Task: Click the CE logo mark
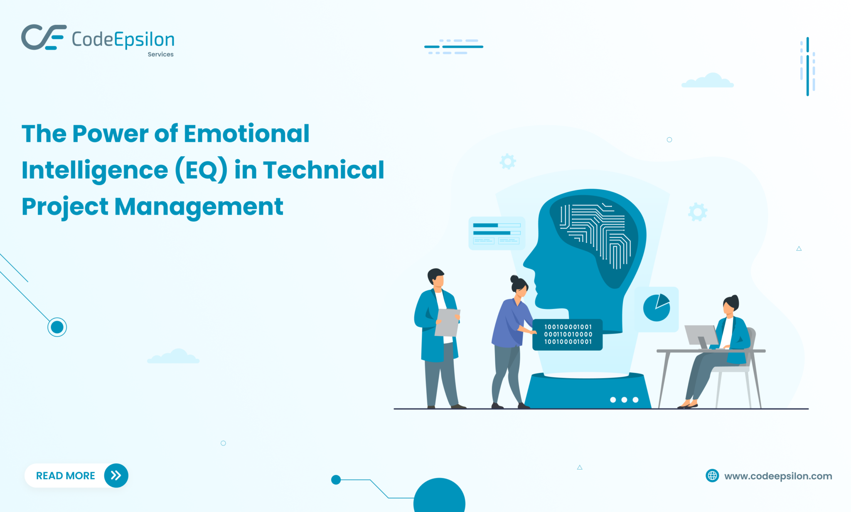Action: click(x=44, y=37)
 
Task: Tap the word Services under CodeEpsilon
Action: click(x=160, y=54)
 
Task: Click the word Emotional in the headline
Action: click(x=246, y=134)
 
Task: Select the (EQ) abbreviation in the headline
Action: click(x=201, y=170)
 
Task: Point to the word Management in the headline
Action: click(x=199, y=207)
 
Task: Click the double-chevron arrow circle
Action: click(x=116, y=475)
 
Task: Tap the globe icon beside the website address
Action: click(x=712, y=475)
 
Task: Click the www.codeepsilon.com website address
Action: click(x=778, y=476)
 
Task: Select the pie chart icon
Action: click(x=657, y=308)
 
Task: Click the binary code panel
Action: click(x=568, y=334)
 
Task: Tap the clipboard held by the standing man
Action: click(x=447, y=322)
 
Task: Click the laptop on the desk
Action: click(x=701, y=336)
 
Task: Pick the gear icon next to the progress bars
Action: click(x=508, y=161)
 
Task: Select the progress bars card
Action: click(x=497, y=233)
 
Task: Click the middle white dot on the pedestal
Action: click(x=624, y=400)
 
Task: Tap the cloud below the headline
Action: click(x=173, y=356)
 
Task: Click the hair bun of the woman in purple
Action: click(x=514, y=279)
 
